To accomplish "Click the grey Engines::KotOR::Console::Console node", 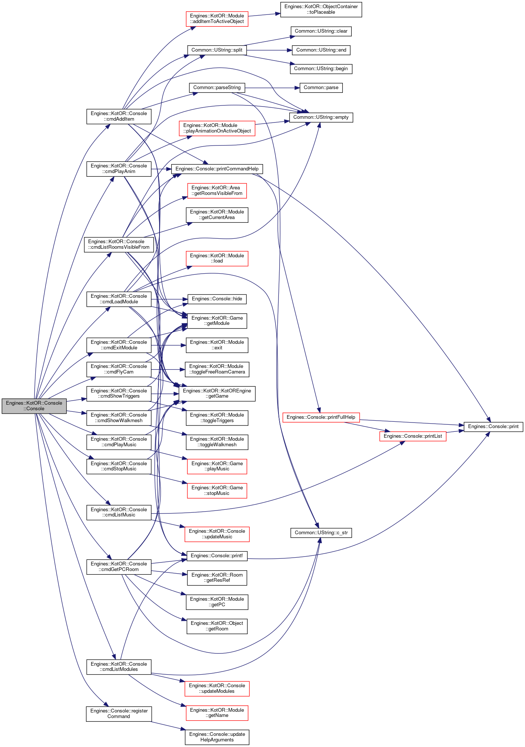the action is point(34,406).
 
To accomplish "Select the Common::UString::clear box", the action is point(321,31).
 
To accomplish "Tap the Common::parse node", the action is point(321,88).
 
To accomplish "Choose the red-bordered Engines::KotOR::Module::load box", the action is point(217,258).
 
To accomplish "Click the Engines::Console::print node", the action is point(493,427).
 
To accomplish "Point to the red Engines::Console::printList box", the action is point(413,436).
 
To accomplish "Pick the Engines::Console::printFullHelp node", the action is point(321,417).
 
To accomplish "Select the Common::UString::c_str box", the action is point(321,533).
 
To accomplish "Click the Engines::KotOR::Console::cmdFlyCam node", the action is point(119,369).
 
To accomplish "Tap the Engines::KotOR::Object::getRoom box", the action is point(217,626).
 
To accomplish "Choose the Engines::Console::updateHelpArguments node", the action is point(217,737).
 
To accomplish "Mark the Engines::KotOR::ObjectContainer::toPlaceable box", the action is point(321,9).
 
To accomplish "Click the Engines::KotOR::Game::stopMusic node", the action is point(217,490).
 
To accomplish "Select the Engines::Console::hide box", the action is point(217,299).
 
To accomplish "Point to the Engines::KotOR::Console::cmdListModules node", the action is point(119,667).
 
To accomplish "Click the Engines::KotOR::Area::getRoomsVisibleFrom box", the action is point(217,190).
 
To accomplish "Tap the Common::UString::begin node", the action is point(321,69).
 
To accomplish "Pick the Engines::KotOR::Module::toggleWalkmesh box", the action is point(217,442).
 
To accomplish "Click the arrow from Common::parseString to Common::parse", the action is point(272,88).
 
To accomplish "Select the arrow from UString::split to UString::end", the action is point(269,50).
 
